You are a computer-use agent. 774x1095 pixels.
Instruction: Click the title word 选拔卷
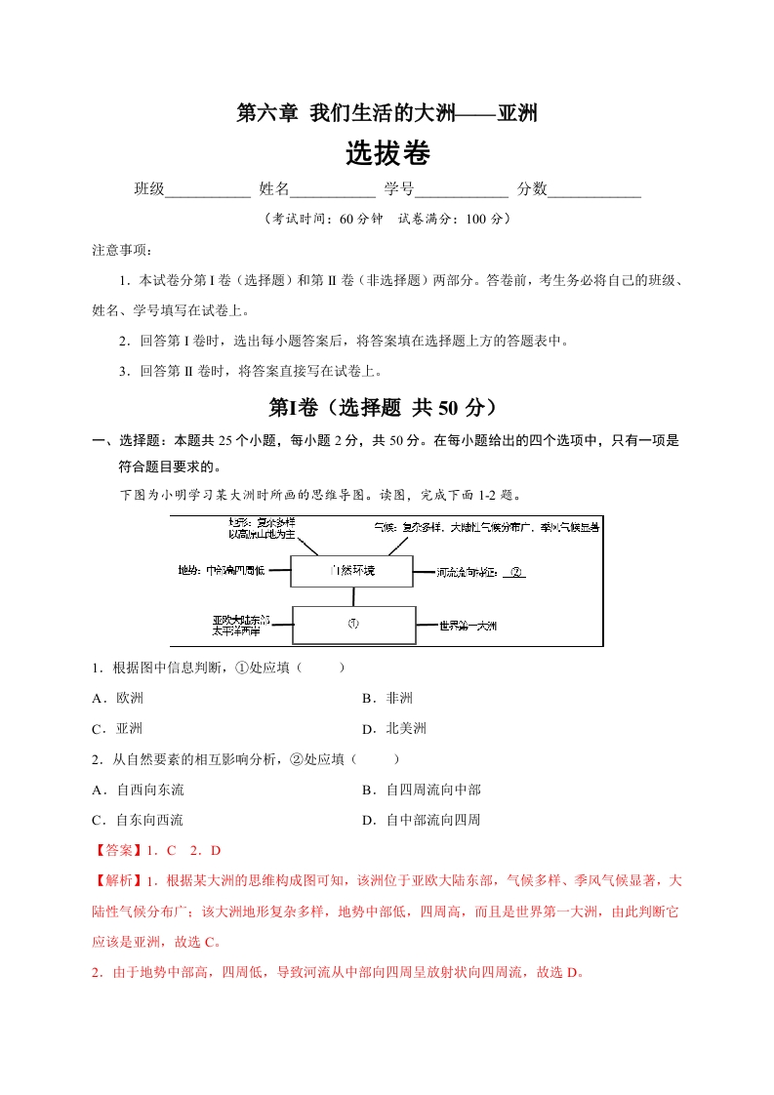click(387, 154)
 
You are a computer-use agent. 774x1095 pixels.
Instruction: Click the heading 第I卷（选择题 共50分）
click(387, 407)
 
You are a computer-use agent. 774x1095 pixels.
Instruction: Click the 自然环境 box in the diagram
click(352, 570)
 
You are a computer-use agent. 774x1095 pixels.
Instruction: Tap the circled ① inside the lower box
click(352, 625)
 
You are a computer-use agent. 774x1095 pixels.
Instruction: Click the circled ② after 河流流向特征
click(516, 572)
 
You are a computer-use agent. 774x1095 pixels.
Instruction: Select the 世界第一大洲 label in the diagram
click(468, 625)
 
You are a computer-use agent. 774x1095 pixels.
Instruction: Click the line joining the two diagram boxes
click(352, 596)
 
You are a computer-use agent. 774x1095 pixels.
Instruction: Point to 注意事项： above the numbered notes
click(115, 251)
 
